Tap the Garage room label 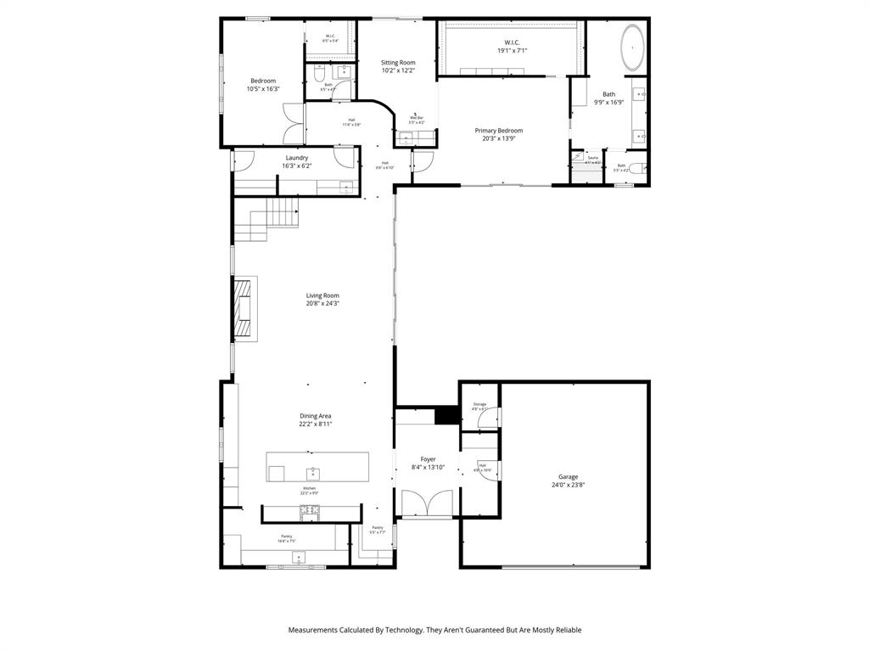pyautogui.click(x=568, y=477)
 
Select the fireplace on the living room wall pyautogui.click(x=244, y=309)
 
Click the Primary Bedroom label pyautogui.click(x=498, y=131)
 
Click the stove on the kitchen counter pyautogui.click(x=310, y=510)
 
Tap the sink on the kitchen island pyautogui.click(x=312, y=471)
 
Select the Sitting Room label pyautogui.click(x=398, y=63)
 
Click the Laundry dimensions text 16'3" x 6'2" pyautogui.click(x=297, y=166)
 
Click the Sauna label pyautogui.click(x=592, y=158)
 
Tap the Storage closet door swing pyautogui.click(x=486, y=417)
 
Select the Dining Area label pyautogui.click(x=315, y=416)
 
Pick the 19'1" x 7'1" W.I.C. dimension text pyautogui.click(x=512, y=51)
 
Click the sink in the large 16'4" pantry pyautogui.click(x=298, y=556)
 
